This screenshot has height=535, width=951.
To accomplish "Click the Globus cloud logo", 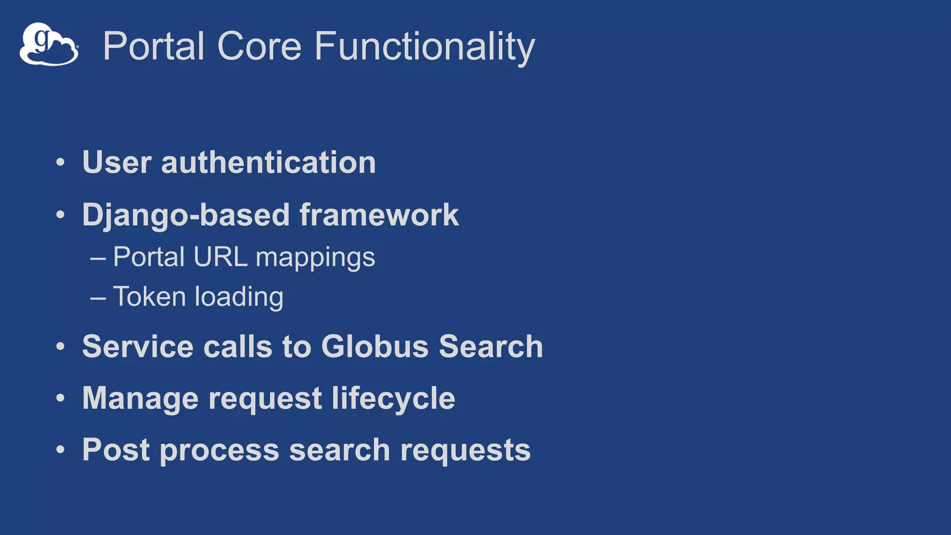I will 49,45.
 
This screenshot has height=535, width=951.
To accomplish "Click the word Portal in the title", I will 154,46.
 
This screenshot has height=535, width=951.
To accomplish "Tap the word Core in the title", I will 259,46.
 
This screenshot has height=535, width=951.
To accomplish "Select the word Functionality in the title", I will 424,47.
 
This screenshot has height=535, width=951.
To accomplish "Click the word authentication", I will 268,163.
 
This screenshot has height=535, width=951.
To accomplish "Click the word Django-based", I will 186,215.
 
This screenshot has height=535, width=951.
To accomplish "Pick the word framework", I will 379,215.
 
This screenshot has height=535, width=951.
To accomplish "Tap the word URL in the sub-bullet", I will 220,257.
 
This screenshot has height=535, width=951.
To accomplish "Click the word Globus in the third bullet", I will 375,346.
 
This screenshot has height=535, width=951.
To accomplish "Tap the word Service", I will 137,346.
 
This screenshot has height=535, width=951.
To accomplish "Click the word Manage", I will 140,399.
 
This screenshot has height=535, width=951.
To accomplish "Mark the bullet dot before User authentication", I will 60,163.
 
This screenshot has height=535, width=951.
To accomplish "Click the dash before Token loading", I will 98,298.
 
